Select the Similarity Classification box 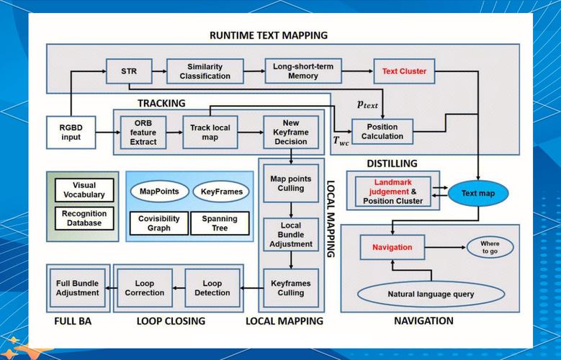coord(205,71)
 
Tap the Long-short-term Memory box coord(302,71)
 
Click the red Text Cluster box coord(404,71)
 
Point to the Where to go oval coord(490,248)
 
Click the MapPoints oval coord(159,192)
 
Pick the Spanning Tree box coord(220,223)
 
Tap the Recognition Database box coord(84,218)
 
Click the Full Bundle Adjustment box coord(77,288)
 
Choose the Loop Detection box coord(212,288)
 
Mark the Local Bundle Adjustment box coord(290,234)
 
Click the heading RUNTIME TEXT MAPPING coord(268,35)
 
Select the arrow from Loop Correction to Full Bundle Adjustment coord(109,288)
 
